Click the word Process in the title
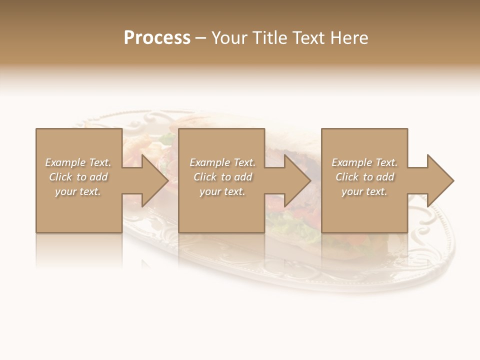[157, 38]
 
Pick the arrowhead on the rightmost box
[440, 180]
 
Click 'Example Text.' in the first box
[78, 162]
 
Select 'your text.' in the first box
[78, 191]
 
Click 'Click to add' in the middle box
[222, 177]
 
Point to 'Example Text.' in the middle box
[222, 162]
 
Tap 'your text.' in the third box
[364, 191]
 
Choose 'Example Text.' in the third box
[364, 162]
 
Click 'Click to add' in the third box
[364, 177]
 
